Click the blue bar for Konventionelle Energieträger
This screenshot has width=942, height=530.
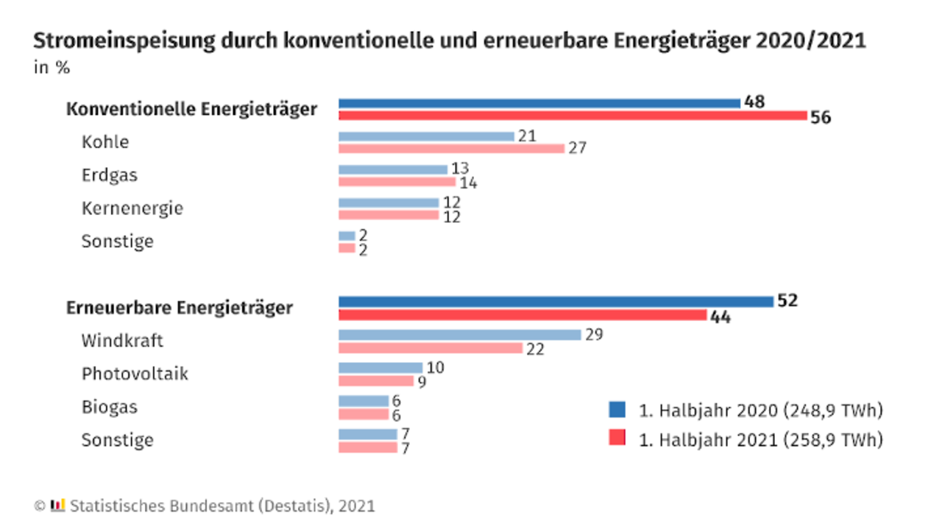point(539,104)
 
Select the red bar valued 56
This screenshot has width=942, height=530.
point(573,116)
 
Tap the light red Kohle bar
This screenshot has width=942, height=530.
point(452,149)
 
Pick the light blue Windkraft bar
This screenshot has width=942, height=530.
point(460,335)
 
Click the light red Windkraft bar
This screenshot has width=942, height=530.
point(431,348)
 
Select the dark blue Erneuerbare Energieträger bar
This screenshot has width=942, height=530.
point(556,302)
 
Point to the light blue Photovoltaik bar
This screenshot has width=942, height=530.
point(380,367)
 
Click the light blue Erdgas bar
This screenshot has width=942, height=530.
point(393,169)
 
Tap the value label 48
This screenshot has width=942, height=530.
point(754,102)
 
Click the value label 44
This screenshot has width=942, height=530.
point(720,317)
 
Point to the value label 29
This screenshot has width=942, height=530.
point(594,334)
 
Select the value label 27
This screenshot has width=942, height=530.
point(578,148)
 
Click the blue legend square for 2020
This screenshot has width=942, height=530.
point(617,409)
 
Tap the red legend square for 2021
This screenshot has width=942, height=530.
point(617,437)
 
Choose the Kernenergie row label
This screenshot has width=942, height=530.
point(132,208)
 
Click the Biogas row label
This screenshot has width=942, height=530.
point(110,407)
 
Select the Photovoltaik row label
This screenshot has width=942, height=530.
point(135,373)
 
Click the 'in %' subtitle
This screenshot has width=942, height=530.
point(52,67)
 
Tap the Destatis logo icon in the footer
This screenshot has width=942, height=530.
point(58,505)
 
